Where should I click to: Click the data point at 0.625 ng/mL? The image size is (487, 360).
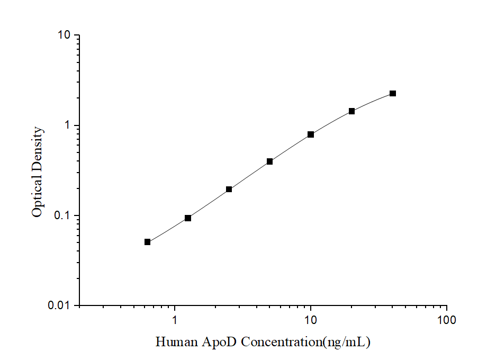(x=147, y=242)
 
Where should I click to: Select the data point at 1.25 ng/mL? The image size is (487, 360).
(x=188, y=218)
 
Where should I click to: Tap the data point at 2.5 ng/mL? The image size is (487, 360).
(x=229, y=189)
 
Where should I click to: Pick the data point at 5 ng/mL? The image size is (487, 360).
(x=269, y=161)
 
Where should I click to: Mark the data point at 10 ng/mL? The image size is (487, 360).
(x=311, y=134)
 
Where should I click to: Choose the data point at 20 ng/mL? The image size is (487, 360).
(x=351, y=111)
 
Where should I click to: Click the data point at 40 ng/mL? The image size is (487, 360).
(x=393, y=94)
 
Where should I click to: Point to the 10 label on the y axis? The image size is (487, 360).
(x=64, y=35)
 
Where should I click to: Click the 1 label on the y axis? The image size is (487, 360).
(x=67, y=125)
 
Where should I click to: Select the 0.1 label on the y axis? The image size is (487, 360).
(x=62, y=216)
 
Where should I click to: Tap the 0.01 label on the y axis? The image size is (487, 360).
(x=60, y=306)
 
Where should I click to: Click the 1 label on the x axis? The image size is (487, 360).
(x=175, y=320)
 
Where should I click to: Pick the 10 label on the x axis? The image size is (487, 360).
(x=311, y=320)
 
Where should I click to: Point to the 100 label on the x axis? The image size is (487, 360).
(x=447, y=320)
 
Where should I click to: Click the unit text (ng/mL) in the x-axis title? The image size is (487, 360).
(x=347, y=342)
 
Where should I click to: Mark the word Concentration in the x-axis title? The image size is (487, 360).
(x=282, y=342)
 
